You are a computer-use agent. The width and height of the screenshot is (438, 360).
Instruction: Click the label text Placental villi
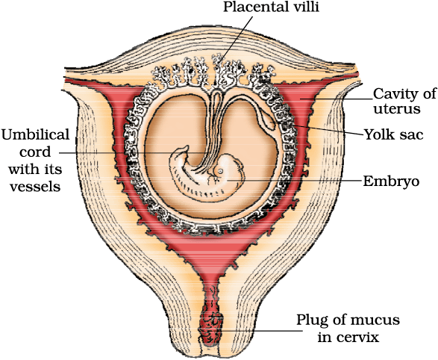(x=271, y=7)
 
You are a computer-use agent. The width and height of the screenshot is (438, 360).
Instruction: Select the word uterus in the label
(x=397, y=108)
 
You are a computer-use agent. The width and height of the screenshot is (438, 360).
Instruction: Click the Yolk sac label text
(x=393, y=134)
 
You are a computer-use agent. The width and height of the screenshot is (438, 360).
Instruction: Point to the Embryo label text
(x=391, y=181)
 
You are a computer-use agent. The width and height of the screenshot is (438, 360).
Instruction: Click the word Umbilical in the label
(x=36, y=134)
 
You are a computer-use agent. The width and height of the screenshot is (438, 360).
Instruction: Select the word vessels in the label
(x=35, y=187)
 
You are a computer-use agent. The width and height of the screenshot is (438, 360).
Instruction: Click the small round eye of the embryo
(x=220, y=171)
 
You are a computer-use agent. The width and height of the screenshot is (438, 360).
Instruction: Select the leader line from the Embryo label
(x=294, y=181)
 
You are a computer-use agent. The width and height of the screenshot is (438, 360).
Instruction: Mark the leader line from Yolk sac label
(x=328, y=131)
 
